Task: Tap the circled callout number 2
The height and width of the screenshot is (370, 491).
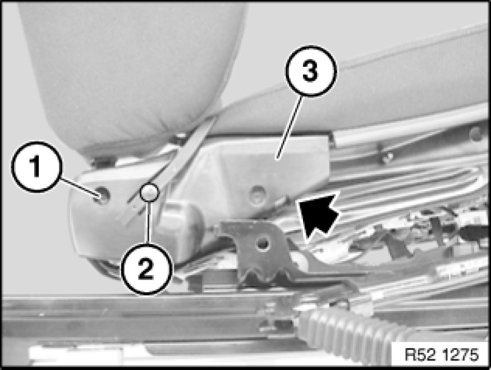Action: [x=146, y=269]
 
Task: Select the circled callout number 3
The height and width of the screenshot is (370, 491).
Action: [x=311, y=71]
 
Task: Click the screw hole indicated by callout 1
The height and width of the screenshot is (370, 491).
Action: [x=102, y=195]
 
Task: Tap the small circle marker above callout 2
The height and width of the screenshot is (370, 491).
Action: [x=149, y=192]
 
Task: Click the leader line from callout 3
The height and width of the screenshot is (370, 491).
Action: [x=290, y=126]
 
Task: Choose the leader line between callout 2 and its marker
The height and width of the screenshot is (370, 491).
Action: [x=149, y=222]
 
